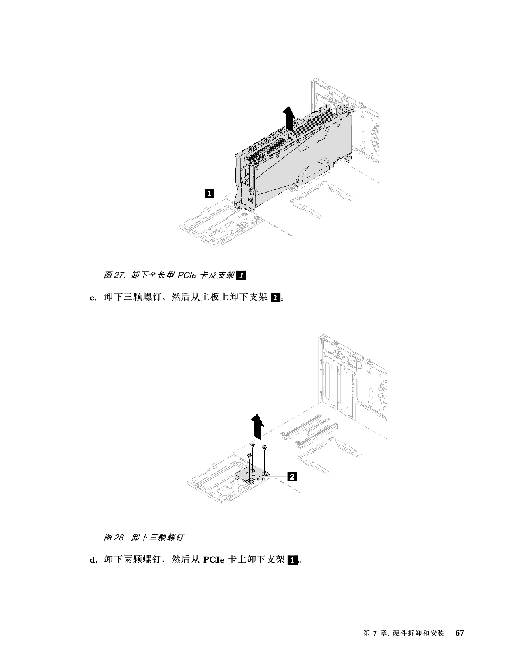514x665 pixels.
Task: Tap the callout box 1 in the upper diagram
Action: pos(209,193)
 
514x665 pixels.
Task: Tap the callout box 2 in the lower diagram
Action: pos(292,476)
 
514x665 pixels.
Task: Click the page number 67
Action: pos(460,639)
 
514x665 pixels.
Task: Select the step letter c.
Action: pos(92,297)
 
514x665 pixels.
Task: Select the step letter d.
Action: pos(93,560)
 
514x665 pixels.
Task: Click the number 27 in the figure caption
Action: pos(119,275)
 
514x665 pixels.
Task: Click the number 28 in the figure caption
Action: pos(119,537)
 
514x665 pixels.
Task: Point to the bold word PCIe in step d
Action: pos(213,560)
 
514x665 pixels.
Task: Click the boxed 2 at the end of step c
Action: pos(275,297)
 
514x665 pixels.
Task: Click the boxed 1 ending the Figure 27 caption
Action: pos(241,275)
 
